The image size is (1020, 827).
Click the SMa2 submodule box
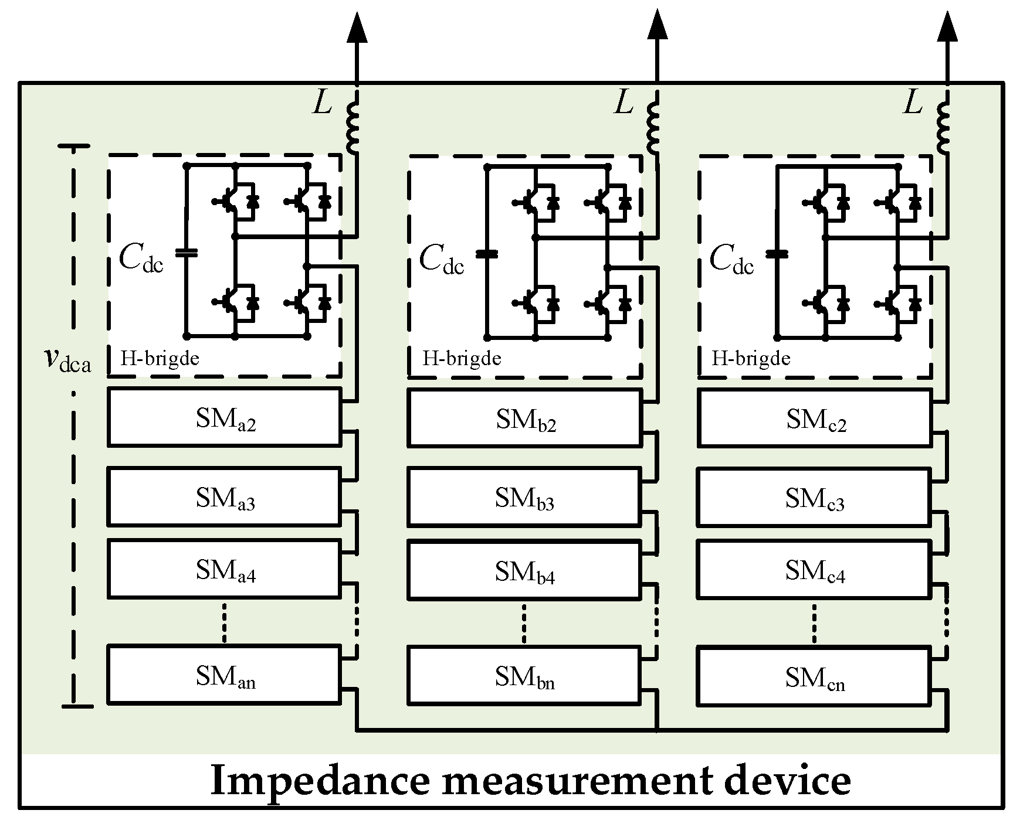coord(224,417)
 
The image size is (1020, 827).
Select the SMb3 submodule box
coord(524,496)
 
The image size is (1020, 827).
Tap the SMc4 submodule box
coord(814,570)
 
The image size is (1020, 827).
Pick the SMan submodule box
coord(224,675)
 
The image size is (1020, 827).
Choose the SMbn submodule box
coord(524,675)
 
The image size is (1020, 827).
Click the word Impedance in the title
coord(317,781)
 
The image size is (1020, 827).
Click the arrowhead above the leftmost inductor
coord(357,28)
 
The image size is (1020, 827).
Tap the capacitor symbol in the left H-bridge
coord(187,253)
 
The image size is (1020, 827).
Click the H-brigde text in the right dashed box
coord(751,358)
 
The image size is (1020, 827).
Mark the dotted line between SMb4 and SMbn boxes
coord(524,622)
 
